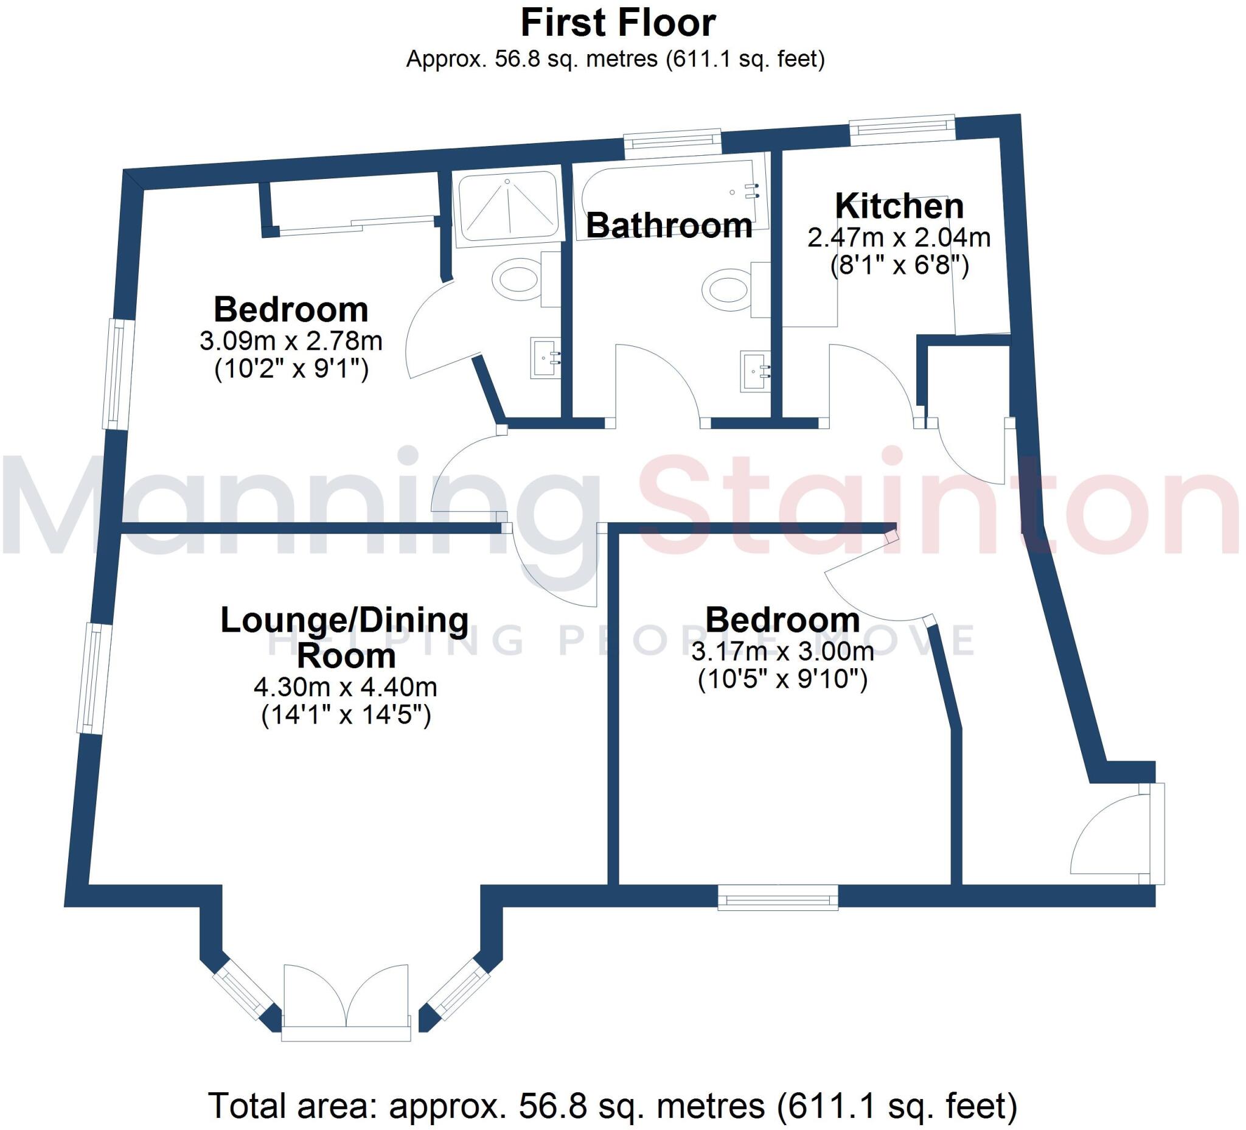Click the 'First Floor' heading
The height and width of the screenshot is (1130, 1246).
click(618, 24)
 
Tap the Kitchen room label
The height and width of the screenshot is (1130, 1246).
click(899, 206)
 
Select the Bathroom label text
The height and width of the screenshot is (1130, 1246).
click(669, 226)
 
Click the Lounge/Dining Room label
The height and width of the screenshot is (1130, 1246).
click(345, 637)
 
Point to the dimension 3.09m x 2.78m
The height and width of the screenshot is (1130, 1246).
click(290, 341)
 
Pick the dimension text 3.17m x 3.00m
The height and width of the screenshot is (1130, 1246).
click(782, 651)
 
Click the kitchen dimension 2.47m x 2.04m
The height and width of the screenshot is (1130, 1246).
click(899, 237)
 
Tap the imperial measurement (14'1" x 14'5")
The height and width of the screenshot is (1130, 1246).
click(346, 716)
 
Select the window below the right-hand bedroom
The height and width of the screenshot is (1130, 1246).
click(778, 897)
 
